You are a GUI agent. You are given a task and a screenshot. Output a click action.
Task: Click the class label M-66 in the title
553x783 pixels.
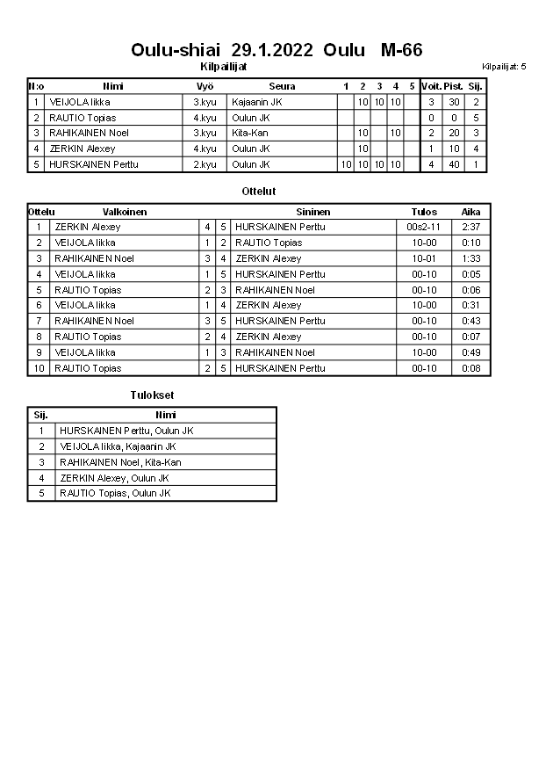point(401,50)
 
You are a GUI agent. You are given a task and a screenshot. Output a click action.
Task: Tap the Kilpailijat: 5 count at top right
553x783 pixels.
point(504,66)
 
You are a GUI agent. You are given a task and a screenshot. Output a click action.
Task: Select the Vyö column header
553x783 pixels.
point(205,86)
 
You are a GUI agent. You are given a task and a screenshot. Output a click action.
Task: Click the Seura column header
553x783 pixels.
point(282,86)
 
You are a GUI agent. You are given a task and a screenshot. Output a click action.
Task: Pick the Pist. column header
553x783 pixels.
point(454,86)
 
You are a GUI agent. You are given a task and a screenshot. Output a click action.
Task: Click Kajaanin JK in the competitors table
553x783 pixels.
point(257,102)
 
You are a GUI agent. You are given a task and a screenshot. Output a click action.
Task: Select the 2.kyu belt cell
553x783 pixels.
point(205,164)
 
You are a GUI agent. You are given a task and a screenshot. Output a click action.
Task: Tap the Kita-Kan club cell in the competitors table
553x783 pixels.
point(250,133)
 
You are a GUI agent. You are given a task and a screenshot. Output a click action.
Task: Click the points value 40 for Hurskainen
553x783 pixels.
point(454,164)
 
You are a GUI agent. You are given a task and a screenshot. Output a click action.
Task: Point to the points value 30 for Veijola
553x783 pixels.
point(454,102)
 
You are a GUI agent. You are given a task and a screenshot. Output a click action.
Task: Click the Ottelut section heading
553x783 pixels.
point(258,191)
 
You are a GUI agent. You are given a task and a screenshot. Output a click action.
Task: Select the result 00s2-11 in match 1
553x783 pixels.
point(423,227)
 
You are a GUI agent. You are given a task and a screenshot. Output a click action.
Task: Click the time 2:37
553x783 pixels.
point(471,227)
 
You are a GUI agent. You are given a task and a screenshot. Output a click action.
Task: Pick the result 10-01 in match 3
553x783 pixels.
point(423,258)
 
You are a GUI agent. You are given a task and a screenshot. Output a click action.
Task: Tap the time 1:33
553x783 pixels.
point(471,258)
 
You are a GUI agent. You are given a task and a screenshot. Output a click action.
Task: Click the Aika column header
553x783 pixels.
point(471,212)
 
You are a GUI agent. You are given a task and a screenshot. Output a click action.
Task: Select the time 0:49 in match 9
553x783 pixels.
point(471,352)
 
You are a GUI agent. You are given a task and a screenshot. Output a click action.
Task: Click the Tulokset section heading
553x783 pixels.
point(152,395)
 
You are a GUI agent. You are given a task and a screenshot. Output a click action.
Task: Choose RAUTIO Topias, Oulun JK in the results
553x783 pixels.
point(114,493)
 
